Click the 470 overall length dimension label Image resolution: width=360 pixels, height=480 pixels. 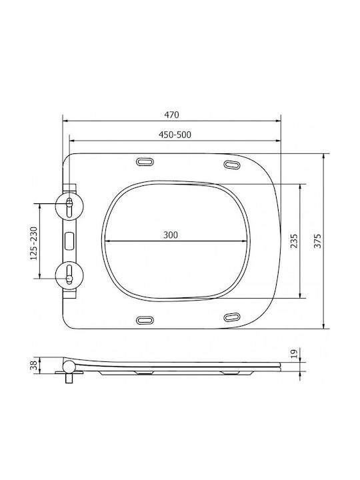pyautogui.click(x=171, y=115)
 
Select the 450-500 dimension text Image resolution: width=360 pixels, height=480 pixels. pyautogui.click(x=175, y=135)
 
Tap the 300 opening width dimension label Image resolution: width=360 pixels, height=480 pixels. pyautogui.click(x=171, y=235)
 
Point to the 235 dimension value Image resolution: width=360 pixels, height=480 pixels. pyautogui.click(x=294, y=241)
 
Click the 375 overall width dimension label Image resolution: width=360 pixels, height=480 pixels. pyautogui.click(x=318, y=241)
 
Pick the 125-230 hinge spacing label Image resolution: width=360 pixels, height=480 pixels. pyautogui.click(x=34, y=243)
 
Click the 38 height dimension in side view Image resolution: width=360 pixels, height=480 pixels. pyautogui.click(x=34, y=365)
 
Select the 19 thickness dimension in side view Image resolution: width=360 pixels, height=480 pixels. pyautogui.click(x=294, y=354)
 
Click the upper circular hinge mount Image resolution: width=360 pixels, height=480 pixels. pyautogui.click(x=69, y=206)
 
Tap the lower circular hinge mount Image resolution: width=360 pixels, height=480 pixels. pyautogui.click(x=69, y=275)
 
